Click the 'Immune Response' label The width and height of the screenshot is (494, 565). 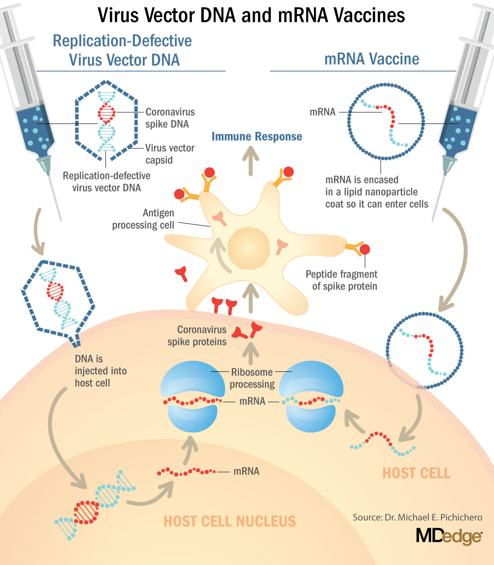click(256, 137)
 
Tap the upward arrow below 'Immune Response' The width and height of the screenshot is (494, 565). click(251, 161)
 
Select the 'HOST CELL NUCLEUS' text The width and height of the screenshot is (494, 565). click(229, 521)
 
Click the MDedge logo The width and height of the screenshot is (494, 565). click(449, 536)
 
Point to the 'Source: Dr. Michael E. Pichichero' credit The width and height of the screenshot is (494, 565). click(417, 517)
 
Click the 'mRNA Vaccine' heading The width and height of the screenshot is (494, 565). click(371, 59)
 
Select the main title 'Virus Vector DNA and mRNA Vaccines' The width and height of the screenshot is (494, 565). click(251, 15)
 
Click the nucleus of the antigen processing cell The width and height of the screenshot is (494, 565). click(249, 248)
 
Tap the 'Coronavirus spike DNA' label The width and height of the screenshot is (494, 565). click(169, 118)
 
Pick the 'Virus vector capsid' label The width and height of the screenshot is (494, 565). click(169, 154)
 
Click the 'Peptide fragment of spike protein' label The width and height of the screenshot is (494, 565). click(342, 280)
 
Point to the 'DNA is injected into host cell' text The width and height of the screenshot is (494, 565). click(100, 371)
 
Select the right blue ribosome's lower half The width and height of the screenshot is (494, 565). click(310, 418)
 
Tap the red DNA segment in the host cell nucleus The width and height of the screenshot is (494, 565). click(86, 512)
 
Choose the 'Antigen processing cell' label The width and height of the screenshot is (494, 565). click(143, 219)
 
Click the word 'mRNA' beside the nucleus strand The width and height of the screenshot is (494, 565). click(246, 471)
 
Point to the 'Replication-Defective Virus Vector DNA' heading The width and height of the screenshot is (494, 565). click(123, 50)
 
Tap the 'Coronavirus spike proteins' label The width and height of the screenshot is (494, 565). click(198, 335)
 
